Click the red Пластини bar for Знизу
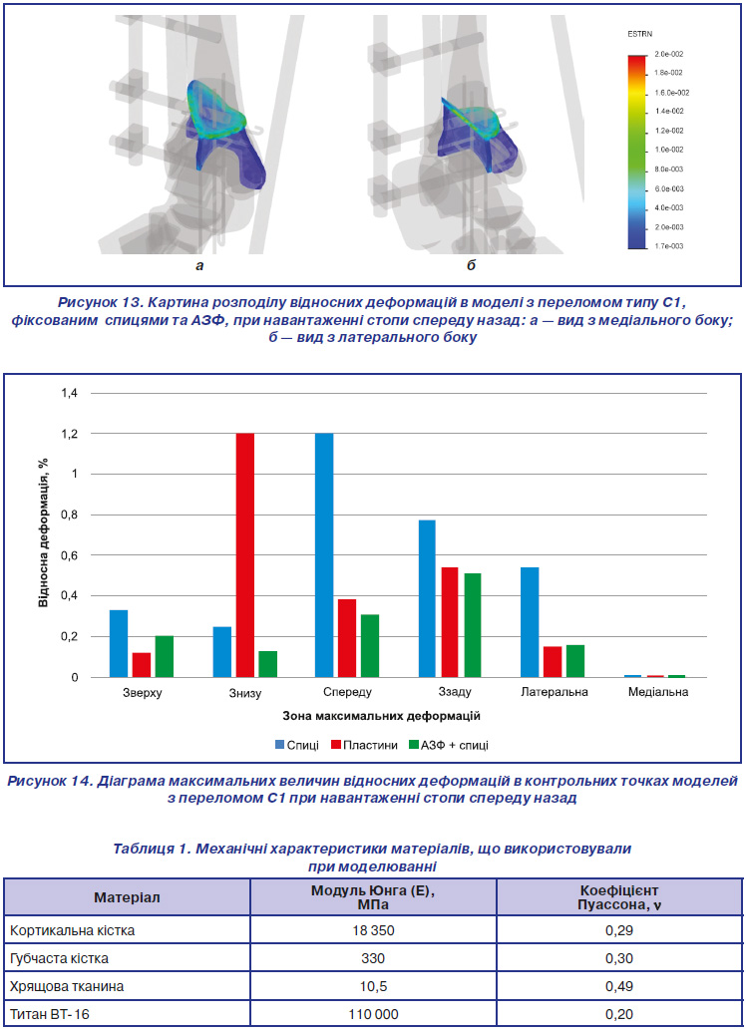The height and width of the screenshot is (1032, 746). pos(245,555)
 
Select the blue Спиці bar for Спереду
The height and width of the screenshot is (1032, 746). pos(324,555)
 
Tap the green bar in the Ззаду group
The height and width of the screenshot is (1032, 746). pos(472,625)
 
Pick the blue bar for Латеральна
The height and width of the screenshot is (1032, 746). pos(530,622)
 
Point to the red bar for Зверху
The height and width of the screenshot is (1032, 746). pos(142,665)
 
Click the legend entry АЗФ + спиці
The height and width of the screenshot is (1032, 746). pos(449,745)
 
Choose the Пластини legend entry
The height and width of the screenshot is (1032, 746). pos(364,745)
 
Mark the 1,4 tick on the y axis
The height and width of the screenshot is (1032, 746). pos(69,394)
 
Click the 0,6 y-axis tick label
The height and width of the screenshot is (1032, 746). pos(69,555)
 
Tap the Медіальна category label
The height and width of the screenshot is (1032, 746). pos(658,692)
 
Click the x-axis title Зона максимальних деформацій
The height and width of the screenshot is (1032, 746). pos(381,716)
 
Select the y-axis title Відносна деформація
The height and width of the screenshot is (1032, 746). pos(44,532)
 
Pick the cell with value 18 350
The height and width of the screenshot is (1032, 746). pos(373,930)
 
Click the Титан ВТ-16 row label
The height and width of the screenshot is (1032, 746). pos(50,1014)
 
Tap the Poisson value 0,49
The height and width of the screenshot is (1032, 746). pos(619,986)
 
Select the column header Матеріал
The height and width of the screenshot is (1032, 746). pos(127,897)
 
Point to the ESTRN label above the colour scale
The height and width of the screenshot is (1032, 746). pos(639,34)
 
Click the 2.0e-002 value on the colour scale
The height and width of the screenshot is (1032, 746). pos(668,54)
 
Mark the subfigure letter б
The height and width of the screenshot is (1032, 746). pos(472,265)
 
